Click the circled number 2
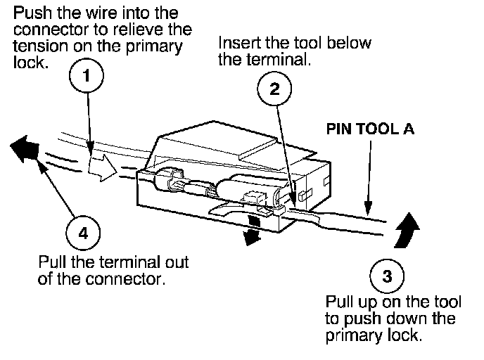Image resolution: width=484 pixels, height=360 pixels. [x=276, y=89]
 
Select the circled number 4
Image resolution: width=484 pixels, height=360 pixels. [x=83, y=233]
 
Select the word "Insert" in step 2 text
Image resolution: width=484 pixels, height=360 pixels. [x=238, y=44]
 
